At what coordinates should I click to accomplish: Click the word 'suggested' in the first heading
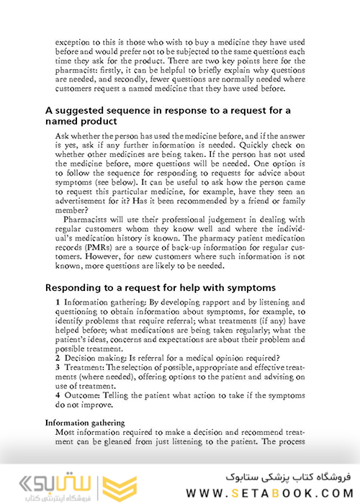click(87, 110)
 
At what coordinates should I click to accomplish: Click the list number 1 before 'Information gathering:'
click(58, 302)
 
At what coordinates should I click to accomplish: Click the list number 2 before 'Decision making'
click(58, 359)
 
